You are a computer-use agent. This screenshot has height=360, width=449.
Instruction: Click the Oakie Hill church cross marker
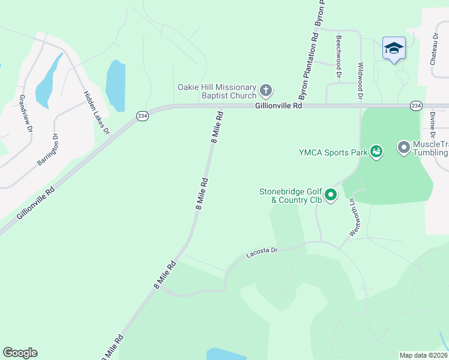[266, 91]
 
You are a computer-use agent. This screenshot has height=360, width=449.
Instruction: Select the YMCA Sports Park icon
[376, 152]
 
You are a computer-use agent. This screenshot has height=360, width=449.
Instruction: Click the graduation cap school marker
[394, 48]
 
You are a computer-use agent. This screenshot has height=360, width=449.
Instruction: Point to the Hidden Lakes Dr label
[97, 112]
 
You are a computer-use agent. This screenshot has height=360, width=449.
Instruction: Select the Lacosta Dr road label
[262, 253]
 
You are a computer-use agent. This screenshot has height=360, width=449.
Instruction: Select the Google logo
[20, 353]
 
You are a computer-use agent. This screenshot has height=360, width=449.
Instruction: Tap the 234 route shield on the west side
[142, 116]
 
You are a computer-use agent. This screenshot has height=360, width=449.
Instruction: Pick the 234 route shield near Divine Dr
[415, 105]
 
